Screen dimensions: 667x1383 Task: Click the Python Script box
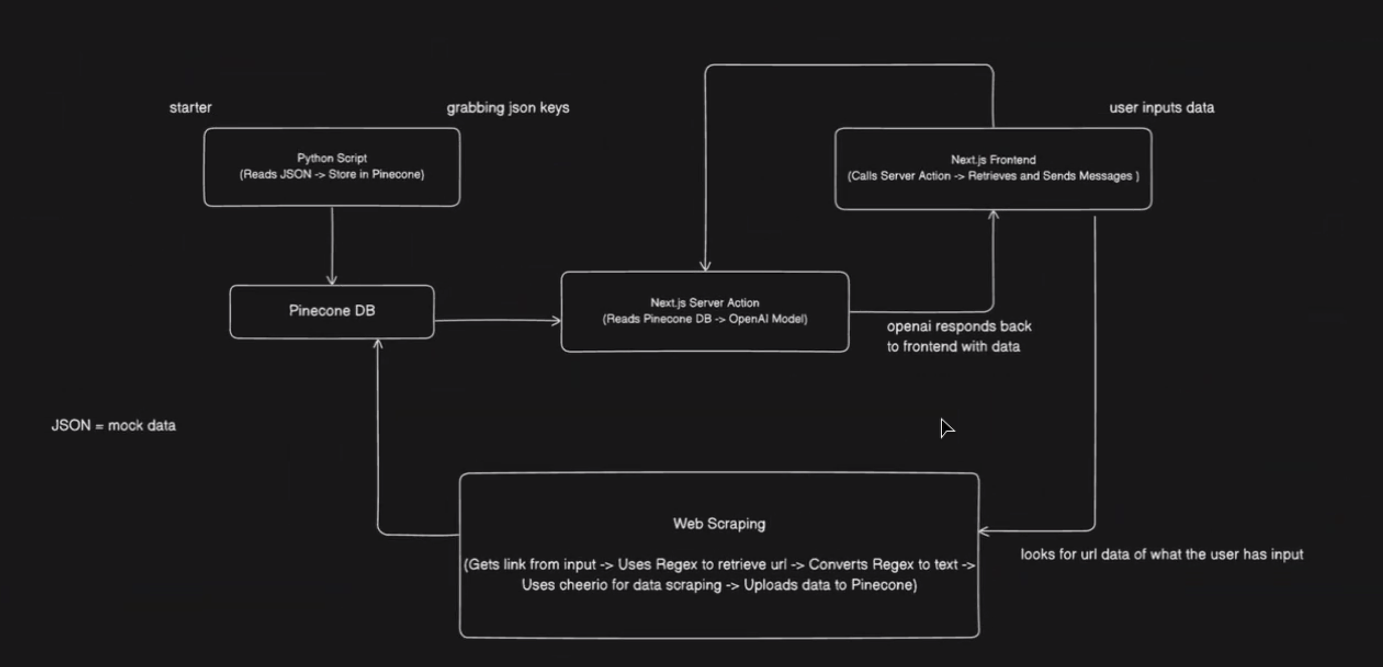coord(332,167)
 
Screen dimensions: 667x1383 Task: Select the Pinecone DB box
coord(332,311)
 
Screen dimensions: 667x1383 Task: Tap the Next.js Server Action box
coord(705,311)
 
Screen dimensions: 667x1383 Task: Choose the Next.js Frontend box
coord(993,168)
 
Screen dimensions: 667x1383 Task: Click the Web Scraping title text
coord(719,524)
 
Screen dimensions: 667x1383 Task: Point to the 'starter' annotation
coord(190,108)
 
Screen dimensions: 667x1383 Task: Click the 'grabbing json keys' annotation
coord(508,108)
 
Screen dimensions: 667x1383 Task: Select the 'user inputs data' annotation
coord(1161,108)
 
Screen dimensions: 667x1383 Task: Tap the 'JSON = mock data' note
coord(113,426)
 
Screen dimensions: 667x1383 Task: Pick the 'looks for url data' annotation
coord(1161,554)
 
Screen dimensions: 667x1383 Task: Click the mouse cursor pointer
coord(946,427)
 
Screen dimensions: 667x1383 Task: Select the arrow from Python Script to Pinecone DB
coord(332,245)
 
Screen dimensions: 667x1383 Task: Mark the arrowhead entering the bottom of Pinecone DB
coord(378,344)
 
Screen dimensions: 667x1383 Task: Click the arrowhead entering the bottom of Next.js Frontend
coord(993,216)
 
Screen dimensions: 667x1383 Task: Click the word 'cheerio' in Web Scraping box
coord(583,585)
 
